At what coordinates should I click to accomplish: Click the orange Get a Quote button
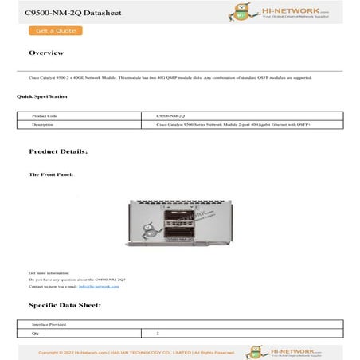[55, 31]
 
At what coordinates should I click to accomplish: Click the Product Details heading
[58, 151]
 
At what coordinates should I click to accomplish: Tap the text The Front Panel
[52, 174]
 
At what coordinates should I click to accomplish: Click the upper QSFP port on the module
[181, 218]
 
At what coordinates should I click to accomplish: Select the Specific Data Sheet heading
[65, 305]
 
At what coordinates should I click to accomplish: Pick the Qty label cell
[34, 334]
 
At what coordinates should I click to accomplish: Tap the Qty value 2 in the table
[158, 334]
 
